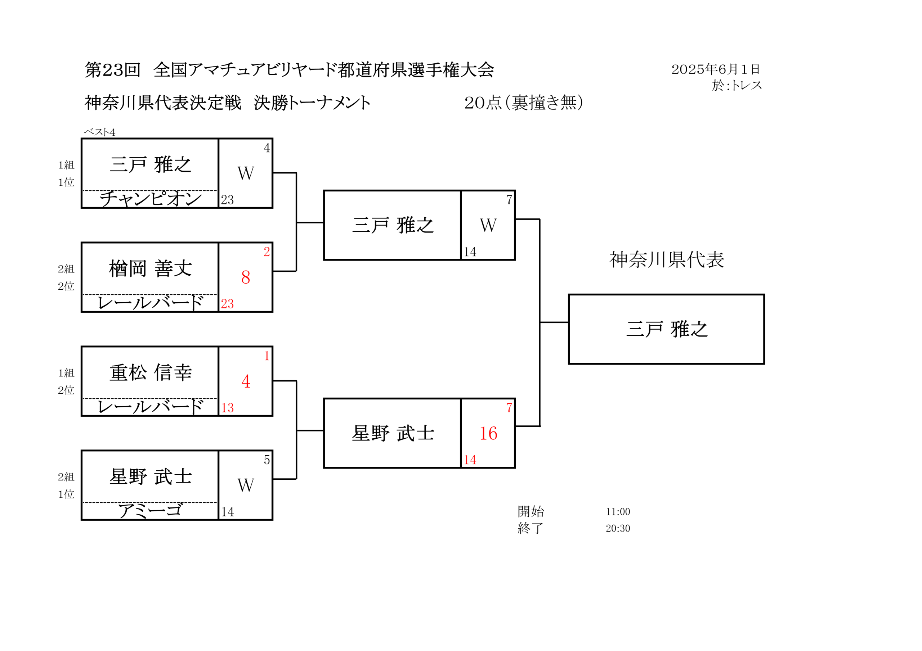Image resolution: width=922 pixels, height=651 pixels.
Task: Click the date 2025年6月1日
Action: click(716, 69)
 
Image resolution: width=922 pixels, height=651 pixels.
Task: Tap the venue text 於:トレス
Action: click(737, 85)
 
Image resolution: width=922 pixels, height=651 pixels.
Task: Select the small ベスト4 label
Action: click(100, 132)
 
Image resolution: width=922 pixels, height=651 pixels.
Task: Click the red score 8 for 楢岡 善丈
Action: click(246, 277)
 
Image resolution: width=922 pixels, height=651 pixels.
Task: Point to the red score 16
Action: click(488, 434)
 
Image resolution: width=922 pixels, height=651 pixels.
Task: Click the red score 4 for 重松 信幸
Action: click(246, 381)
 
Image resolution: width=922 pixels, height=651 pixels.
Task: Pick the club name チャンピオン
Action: click(151, 199)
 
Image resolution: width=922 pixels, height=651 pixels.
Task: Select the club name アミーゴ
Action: click(150, 511)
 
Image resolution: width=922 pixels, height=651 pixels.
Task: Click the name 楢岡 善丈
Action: click(151, 268)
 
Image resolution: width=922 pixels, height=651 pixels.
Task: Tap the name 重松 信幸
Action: click(151, 372)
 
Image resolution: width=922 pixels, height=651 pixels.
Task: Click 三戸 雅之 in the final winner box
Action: click(667, 329)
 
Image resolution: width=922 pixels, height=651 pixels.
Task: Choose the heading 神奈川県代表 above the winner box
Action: click(667, 260)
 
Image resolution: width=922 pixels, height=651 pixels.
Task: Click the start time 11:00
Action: click(618, 512)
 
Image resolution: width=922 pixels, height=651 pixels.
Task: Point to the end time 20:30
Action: click(618, 528)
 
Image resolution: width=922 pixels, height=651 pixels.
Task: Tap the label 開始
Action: click(531, 511)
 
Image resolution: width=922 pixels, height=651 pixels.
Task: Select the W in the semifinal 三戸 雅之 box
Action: click(488, 225)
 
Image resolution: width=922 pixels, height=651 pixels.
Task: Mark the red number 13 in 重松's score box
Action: click(227, 408)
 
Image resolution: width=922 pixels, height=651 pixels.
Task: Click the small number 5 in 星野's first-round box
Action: click(267, 460)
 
